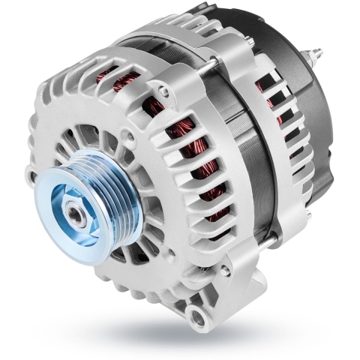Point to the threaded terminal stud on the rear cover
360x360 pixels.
[x=315, y=54]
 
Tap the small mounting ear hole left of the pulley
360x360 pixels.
[x=31, y=178]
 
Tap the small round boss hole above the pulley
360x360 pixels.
[x=127, y=139]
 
